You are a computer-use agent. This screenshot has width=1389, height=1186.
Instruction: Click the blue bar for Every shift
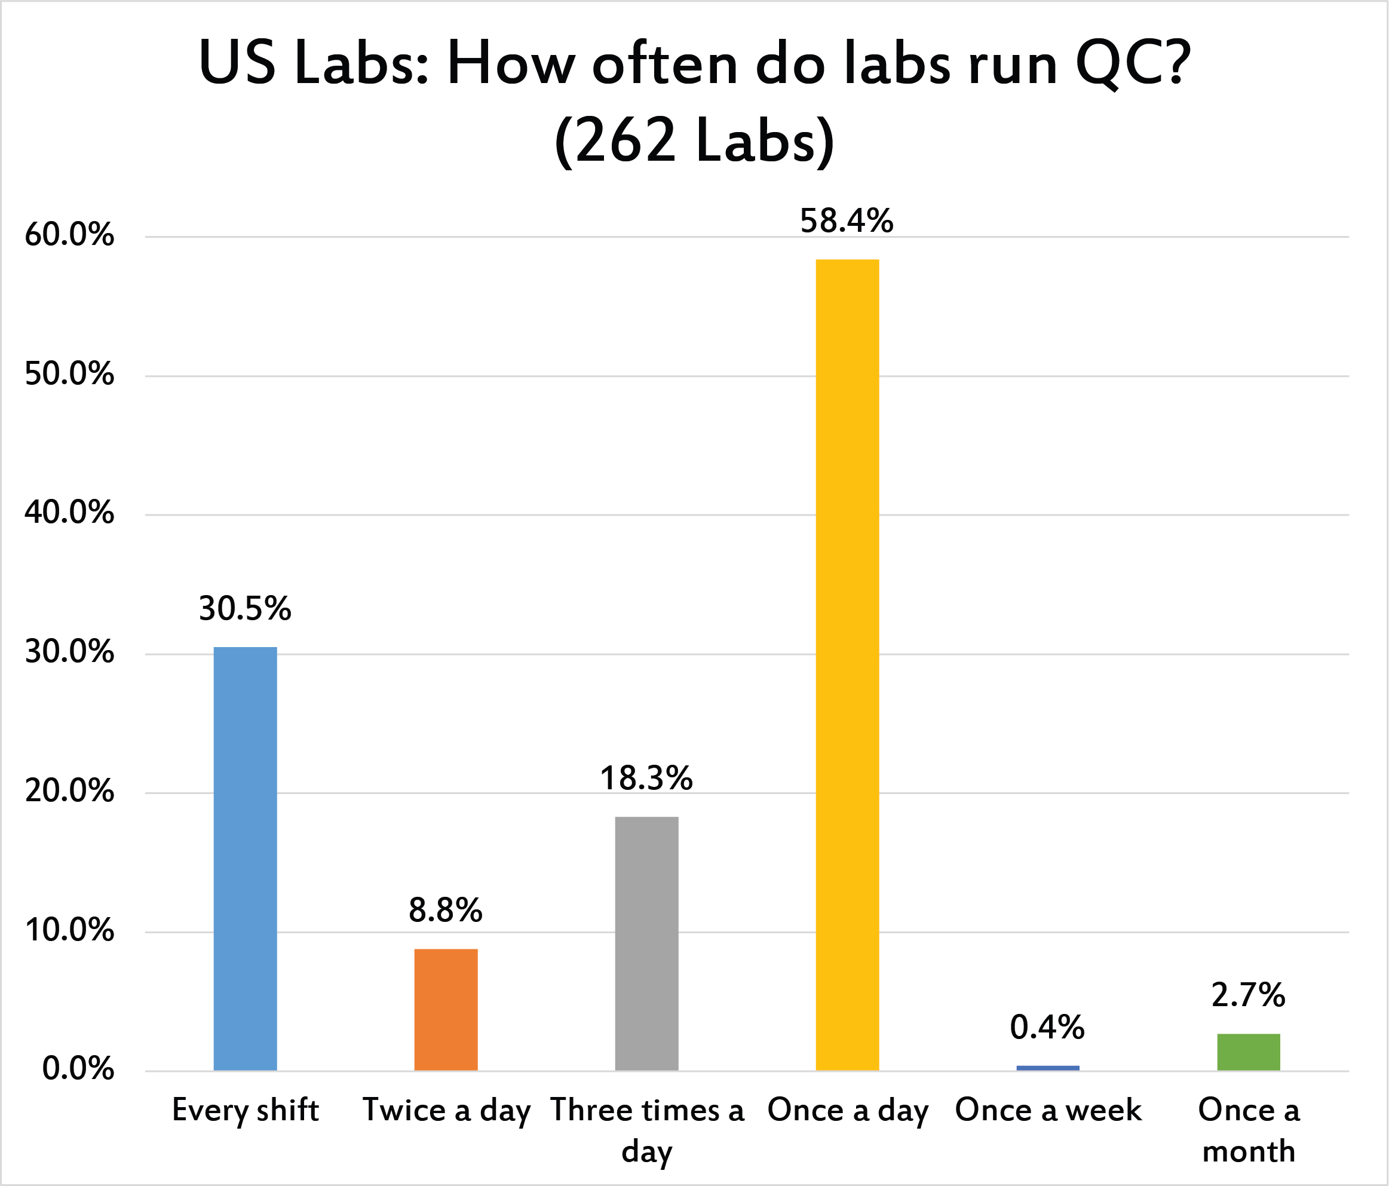click(245, 858)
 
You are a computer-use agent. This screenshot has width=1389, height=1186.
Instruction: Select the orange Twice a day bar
click(446, 1009)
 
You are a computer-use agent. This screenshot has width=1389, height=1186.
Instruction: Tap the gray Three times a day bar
click(646, 943)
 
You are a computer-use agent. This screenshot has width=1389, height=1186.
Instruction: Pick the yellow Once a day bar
click(847, 664)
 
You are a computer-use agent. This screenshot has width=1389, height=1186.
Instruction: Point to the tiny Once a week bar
click(1048, 1067)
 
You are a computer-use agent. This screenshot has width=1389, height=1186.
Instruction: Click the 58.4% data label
click(847, 221)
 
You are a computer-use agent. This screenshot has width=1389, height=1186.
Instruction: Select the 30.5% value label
click(245, 609)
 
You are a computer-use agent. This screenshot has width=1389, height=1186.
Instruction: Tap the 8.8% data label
click(446, 911)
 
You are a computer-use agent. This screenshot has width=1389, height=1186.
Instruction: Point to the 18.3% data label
click(646, 779)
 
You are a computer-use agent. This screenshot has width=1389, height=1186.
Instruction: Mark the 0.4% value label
click(1047, 1028)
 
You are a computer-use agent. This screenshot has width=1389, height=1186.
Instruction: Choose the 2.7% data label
click(1248, 995)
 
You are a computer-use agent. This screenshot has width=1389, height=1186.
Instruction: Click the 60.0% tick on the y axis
click(69, 235)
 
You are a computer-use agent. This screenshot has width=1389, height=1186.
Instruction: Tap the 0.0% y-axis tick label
click(78, 1069)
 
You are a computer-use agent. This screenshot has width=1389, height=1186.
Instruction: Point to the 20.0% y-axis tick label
click(69, 792)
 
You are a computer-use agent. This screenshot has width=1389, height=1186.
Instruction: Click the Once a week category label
click(1048, 1110)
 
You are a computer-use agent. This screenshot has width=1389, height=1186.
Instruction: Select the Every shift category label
click(245, 1110)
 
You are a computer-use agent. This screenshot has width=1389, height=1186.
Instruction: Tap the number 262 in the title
click(625, 141)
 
